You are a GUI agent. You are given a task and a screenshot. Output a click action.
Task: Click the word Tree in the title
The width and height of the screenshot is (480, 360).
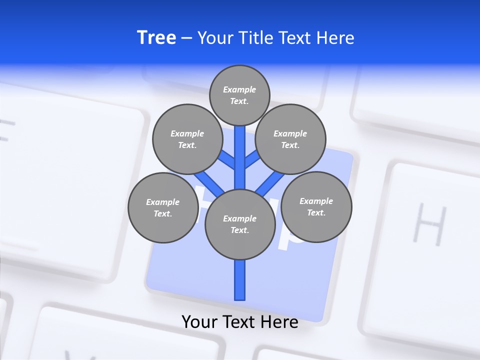pyautogui.click(x=156, y=38)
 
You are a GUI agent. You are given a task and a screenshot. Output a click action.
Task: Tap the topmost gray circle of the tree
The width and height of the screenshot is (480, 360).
pyautogui.click(x=239, y=95)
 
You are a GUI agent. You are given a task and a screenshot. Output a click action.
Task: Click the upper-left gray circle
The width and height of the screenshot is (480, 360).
pyautogui.click(x=187, y=139)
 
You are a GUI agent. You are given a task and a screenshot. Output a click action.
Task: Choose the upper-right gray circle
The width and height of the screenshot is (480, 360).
pyautogui.click(x=290, y=139)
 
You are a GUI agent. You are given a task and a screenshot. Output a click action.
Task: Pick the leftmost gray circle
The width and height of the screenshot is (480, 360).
pyautogui.click(x=163, y=207)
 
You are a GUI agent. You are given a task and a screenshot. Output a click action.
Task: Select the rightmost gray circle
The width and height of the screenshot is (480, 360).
pyautogui.click(x=316, y=206)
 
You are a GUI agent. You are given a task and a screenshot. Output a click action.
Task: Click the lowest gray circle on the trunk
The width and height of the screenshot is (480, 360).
pyautogui.click(x=240, y=224)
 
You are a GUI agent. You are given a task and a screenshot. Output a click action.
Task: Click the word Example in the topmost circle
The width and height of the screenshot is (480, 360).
pyautogui.click(x=239, y=90)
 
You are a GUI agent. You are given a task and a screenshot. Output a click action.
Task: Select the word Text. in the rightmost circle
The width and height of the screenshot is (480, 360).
pyautogui.click(x=316, y=212)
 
